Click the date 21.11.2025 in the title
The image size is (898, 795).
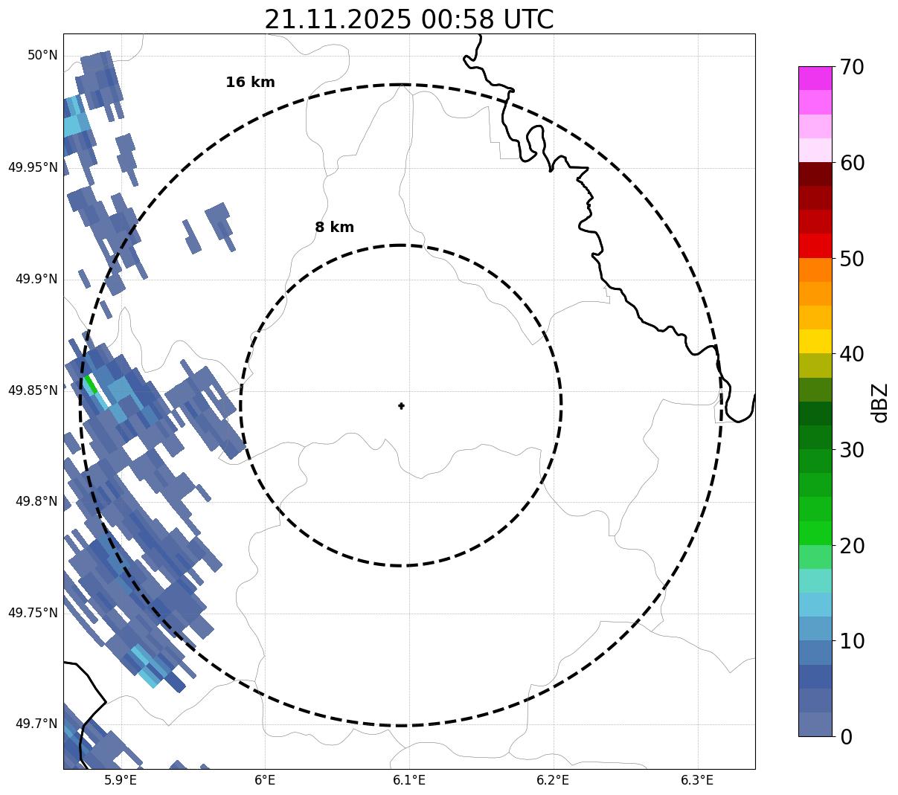pos(337,20)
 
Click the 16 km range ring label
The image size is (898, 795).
pos(250,83)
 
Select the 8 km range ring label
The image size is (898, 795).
pos(334,228)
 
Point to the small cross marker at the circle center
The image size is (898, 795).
pos(402,406)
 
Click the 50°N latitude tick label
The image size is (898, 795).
pos(42,56)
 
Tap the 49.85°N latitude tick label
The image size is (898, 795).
pos(33,390)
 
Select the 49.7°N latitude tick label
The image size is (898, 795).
pos(36,724)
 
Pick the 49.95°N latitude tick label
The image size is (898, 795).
pos(33,167)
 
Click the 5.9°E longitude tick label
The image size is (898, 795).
pos(121,780)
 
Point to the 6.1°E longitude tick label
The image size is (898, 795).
pos(409,780)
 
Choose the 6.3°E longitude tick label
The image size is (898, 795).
pos(697,780)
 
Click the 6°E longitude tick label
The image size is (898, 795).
pos(265,780)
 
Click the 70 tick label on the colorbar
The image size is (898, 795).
pos(852,68)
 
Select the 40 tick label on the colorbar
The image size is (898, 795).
pos(852,355)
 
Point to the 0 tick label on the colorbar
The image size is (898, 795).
pos(846,737)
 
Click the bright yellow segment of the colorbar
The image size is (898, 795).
pos(815,341)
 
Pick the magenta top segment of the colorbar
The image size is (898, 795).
pos(815,78)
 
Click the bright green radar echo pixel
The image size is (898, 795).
pos(91,384)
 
